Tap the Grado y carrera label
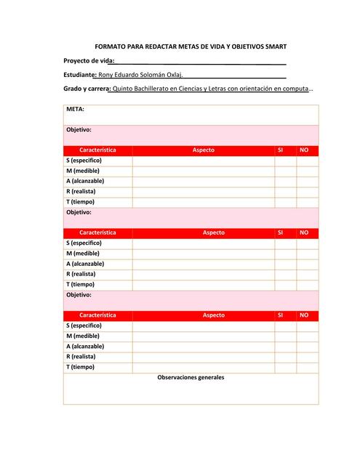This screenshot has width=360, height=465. point(87,89)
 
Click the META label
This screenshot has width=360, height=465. point(75,109)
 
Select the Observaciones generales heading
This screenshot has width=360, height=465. point(191,378)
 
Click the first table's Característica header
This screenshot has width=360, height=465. point(97,150)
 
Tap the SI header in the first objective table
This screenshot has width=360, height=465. point(281,150)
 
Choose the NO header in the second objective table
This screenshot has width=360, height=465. point(305,233)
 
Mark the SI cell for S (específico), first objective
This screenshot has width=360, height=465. point(285,161)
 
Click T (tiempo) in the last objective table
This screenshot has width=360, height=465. point(80,368)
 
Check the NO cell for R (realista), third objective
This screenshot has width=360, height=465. point(307,357)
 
